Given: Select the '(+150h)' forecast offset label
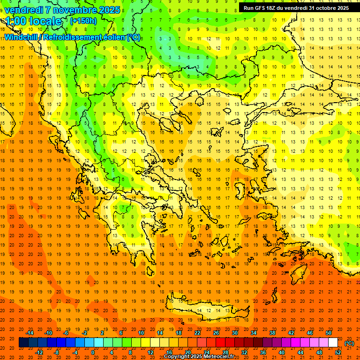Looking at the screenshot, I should (83, 21).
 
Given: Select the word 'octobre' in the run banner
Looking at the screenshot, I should (328, 8).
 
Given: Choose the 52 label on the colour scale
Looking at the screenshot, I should (338, 352).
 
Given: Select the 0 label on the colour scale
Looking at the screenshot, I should (93, 352).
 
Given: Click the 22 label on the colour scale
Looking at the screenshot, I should (197, 333).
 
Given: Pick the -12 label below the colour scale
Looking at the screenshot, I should (39, 352).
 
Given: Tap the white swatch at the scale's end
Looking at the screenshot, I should (333, 343).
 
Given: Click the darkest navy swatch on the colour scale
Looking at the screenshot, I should (23, 343).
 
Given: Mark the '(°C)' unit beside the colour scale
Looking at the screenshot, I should (349, 343).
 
